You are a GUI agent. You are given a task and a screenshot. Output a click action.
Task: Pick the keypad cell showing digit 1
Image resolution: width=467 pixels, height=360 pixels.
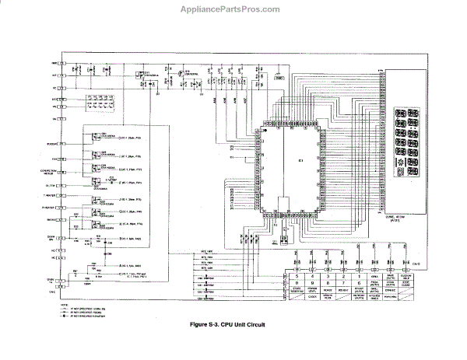pos(357,275)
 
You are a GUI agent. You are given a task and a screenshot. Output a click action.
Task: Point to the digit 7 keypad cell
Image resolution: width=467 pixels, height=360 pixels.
pos(342,281)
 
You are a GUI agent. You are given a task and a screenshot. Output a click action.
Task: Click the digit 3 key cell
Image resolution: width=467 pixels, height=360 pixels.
pos(327,275)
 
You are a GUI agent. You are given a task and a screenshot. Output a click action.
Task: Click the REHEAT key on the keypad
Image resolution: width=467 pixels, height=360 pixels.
pos(342,289)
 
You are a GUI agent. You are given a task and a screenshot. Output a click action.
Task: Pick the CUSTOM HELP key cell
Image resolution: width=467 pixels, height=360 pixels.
pos(405,275)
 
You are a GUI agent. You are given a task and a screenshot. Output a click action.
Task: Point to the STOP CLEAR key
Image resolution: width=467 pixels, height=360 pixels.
pos(405,282)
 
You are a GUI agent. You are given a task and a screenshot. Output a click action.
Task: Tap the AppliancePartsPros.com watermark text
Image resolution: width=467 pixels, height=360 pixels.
pos(232,9)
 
